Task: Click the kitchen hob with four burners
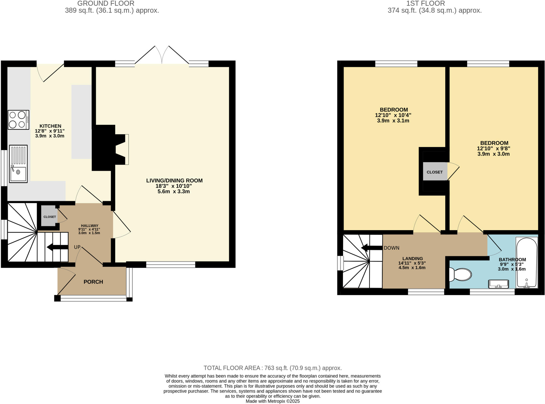[18, 120]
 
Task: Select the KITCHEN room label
[50, 126]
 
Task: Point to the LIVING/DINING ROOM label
[174, 181]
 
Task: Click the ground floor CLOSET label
[50, 217]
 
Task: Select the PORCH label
[93, 282]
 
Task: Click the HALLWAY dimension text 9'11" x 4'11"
[89, 229]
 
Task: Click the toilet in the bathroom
[460, 274]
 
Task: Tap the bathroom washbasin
[498, 284]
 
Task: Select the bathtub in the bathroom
[527, 263]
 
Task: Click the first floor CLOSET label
[435, 172]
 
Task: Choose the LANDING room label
[412, 259]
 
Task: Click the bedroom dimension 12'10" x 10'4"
[393, 115]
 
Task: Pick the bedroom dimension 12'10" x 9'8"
[493, 148]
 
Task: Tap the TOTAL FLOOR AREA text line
[272, 368]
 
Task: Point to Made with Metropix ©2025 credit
[272, 401]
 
